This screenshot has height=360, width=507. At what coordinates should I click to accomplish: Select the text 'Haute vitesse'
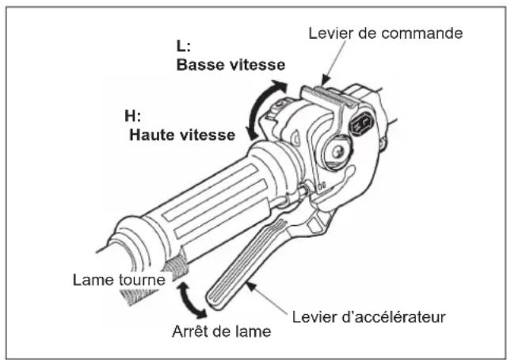(x=181, y=135)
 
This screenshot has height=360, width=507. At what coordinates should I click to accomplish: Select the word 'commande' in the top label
(x=431, y=33)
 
